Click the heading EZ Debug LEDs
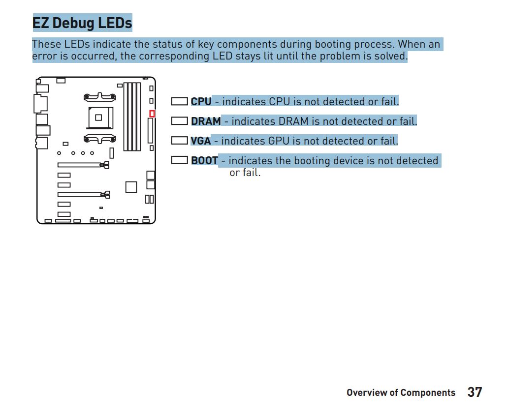pyautogui.click(x=82, y=23)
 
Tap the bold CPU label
pyautogui.click(x=201, y=102)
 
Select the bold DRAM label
pyautogui.click(x=206, y=121)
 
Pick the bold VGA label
pyautogui.click(x=200, y=141)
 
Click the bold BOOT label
pyautogui.click(x=204, y=161)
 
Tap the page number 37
pyautogui.click(x=475, y=392)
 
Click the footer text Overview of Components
pyautogui.click(x=401, y=393)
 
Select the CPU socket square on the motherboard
pyautogui.click(x=101, y=118)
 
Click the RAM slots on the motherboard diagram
pyautogui.click(x=132, y=117)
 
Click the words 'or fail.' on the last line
pyautogui.click(x=245, y=173)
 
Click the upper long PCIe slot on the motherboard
pyautogui.click(x=83, y=165)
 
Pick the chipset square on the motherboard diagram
pyautogui.click(x=131, y=187)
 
